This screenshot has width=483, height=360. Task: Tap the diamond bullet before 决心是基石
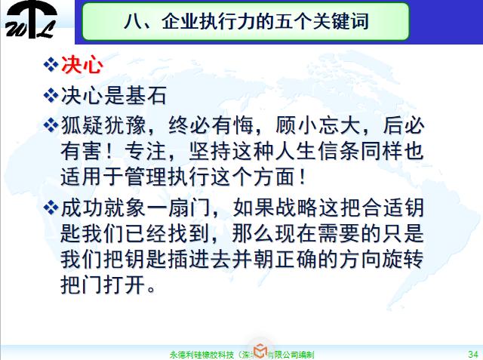51,96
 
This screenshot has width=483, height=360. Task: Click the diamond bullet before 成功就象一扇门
51,207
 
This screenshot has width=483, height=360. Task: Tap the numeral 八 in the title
132,21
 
